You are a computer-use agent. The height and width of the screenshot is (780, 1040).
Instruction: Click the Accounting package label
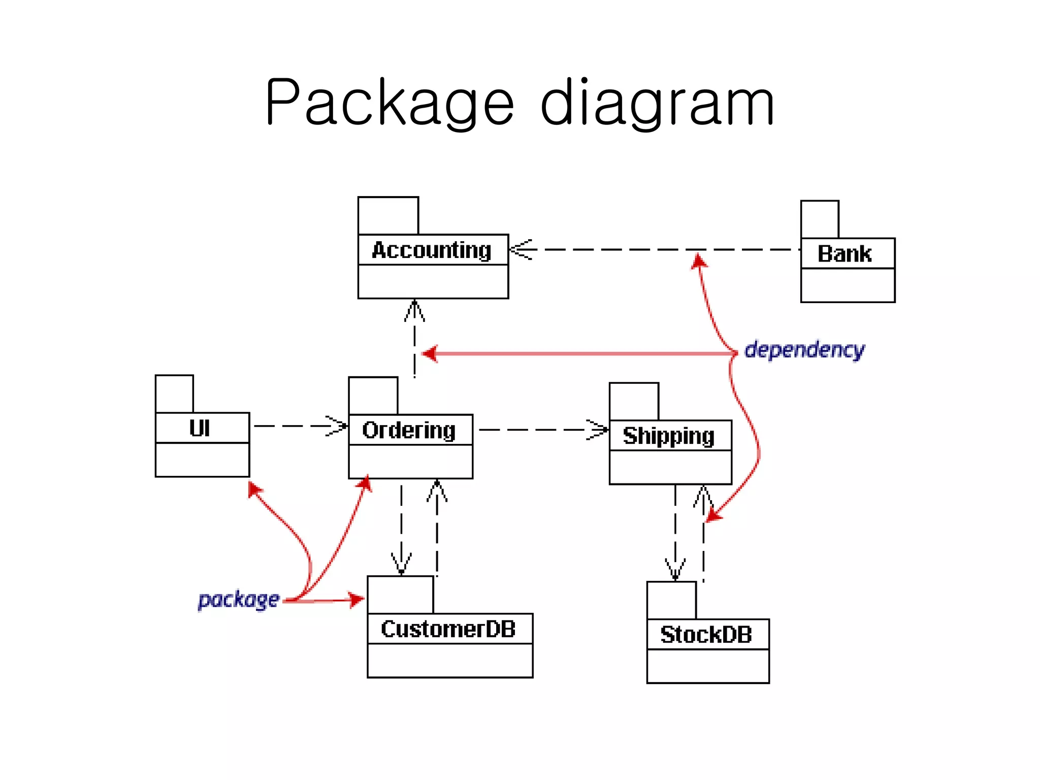point(432,250)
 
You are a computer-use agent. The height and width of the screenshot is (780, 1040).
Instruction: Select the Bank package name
point(844,254)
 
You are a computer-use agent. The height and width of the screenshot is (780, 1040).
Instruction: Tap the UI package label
point(200,429)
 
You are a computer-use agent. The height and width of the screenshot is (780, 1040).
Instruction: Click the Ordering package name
point(409,431)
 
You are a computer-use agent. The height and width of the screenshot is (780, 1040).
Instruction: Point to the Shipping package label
point(668,436)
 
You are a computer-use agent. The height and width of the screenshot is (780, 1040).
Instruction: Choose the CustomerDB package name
point(448,629)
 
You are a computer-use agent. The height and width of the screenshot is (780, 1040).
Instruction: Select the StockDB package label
point(706,635)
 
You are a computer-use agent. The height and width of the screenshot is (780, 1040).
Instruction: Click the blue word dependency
point(804,350)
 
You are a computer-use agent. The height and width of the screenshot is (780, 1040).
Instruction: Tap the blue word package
point(238,600)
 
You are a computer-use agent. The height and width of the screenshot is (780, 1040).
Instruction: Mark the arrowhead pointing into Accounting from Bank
point(521,249)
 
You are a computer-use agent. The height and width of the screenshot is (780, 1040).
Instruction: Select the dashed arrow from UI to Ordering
point(300,426)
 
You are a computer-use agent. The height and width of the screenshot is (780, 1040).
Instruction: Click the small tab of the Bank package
point(819,219)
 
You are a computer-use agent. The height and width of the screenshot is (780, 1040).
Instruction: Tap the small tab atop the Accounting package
point(388,216)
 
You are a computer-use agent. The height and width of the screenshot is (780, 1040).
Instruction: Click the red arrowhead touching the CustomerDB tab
point(356,600)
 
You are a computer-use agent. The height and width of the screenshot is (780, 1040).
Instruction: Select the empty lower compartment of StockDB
point(707,666)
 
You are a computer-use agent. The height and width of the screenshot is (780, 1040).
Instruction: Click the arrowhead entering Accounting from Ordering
point(414,310)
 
